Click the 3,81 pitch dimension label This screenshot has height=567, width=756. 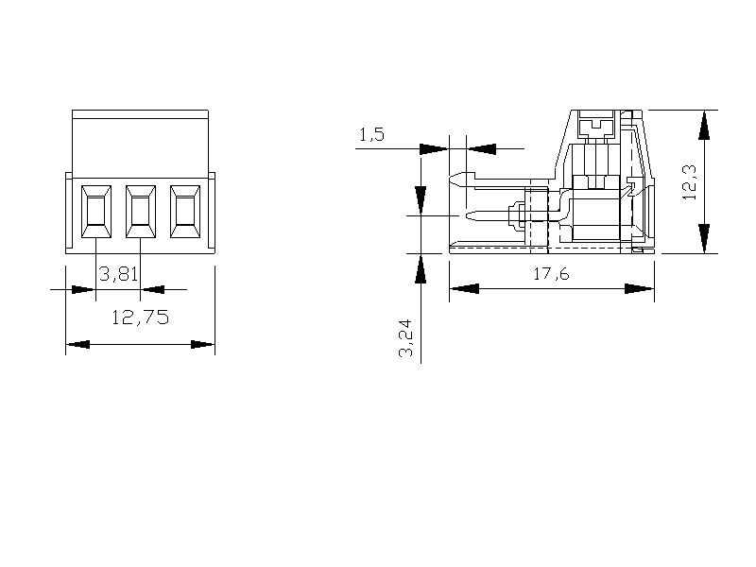[x=119, y=274]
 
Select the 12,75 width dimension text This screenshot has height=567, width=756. [x=140, y=318]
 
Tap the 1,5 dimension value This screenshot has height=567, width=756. [x=371, y=134]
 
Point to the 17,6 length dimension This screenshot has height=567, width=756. [x=551, y=274]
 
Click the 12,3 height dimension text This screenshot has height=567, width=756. [x=690, y=181]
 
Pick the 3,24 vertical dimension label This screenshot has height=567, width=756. [x=405, y=337]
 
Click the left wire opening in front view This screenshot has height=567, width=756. [x=96, y=212]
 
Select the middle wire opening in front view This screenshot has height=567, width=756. [x=141, y=212]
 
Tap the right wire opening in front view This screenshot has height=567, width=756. [x=185, y=212]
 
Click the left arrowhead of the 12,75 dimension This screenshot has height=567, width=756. [x=77, y=344]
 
